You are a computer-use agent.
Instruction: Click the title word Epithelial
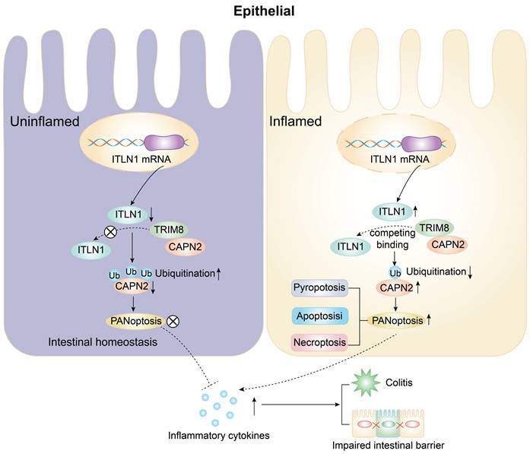pos(265,11)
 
